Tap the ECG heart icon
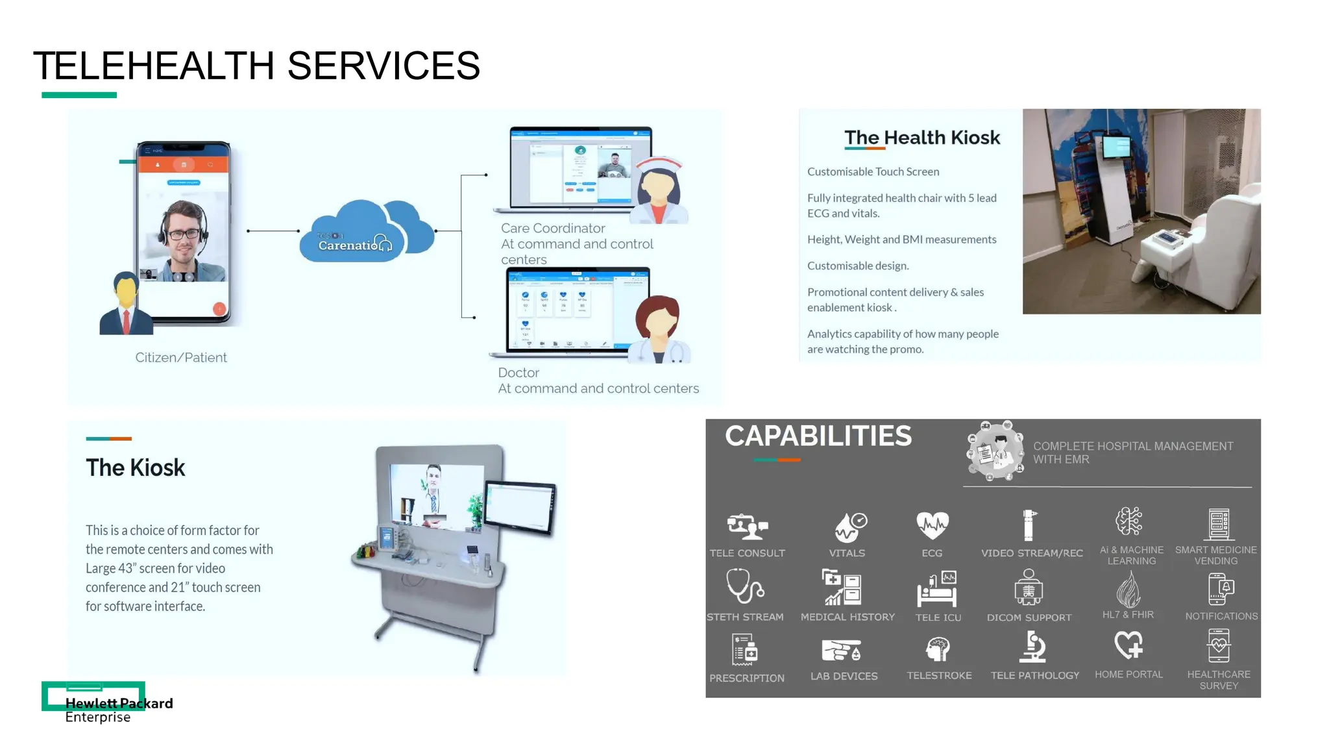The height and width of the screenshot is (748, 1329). (x=932, y=525)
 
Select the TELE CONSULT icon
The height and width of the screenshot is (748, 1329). (x=747, y=526)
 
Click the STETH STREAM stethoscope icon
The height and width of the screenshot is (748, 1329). (x=744, y=586)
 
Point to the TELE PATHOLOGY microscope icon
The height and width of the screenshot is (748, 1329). (x=1034, y=647)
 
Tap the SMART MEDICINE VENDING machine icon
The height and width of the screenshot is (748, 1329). (x=1218, y=524)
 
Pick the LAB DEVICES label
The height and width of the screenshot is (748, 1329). (x=844, y=676)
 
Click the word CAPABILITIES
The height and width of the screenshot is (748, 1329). (x=818, y=436)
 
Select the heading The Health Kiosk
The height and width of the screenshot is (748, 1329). (x=921, y=138)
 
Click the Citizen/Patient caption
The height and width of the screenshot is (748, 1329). (x=181, y=358)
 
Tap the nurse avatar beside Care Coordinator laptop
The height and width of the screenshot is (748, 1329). (x=659, y=191)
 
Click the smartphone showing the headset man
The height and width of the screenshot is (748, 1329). (x=184, y=231)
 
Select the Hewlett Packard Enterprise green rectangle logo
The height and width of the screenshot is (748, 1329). (x=93, y=695)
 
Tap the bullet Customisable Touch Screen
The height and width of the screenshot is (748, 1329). (x=873, y=172)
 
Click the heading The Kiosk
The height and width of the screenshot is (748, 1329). (x=136, y=467)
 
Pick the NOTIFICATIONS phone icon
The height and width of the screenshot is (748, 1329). (x=1220, y=589)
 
